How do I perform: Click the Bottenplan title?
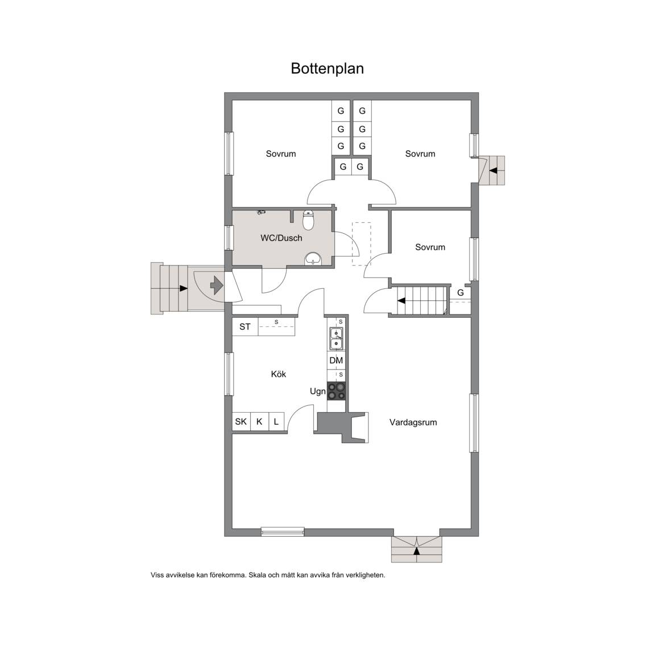coord(327,68)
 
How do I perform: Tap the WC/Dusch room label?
coord(281,238)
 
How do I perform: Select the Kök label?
coord(279,374)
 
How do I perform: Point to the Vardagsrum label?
coord(413,422)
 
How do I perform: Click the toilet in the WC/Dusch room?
coord(308,220)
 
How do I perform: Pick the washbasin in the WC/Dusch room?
coord(313,259)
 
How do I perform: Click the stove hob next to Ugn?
coord(336,391)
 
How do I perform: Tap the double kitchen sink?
coord(336,338)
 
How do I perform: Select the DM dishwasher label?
coord(336,360)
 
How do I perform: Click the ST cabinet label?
coord(245,327)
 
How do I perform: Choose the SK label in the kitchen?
coord(241,421)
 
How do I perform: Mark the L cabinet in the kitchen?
coord(276,421)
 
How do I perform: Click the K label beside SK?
coord(259,421)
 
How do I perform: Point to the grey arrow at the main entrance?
coord(217,285)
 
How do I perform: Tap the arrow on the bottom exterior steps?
coord(416,551)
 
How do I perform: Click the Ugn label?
coord(317,392)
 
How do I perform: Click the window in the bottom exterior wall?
coord(283,532)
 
